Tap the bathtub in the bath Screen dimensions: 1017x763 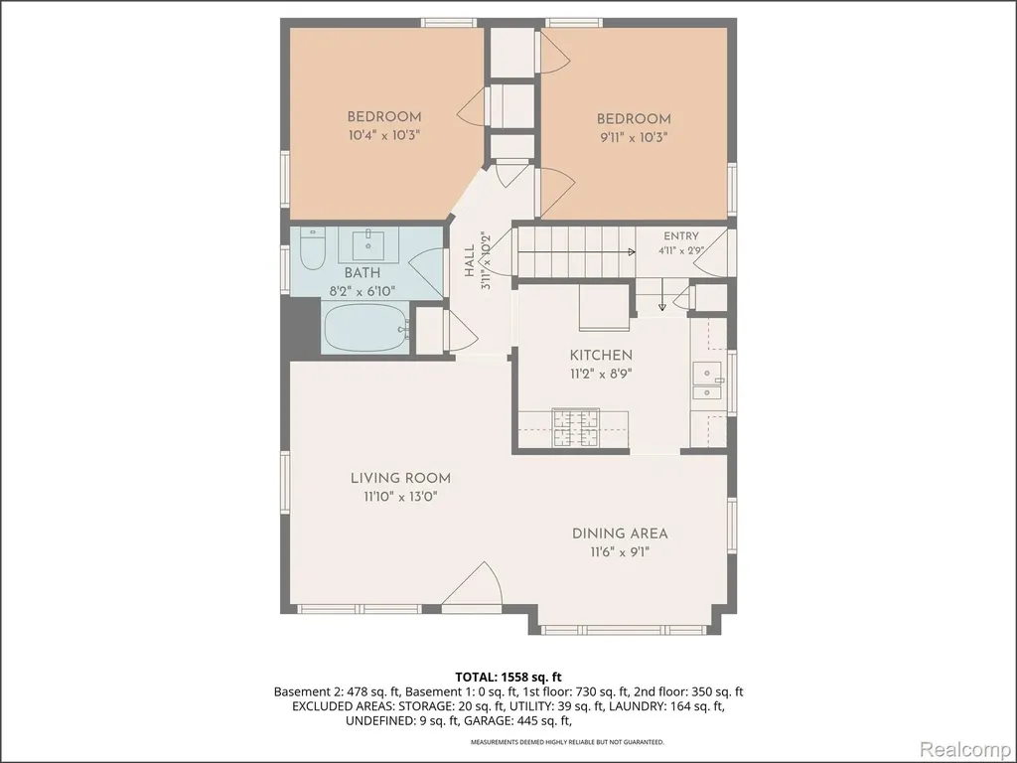[365, 328]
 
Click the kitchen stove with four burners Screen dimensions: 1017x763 [576, 427]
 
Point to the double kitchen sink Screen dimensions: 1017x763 [708, 381]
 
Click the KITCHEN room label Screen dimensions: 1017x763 [601, 355]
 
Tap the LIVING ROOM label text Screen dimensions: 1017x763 [401, 478]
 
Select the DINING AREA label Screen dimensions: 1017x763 [620, 534]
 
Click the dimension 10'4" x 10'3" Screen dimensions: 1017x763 [384, 135]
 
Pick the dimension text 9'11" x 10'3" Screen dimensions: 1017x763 [634, 137]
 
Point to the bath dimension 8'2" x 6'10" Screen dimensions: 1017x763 [362, 291]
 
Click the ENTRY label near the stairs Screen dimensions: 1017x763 [681, 236]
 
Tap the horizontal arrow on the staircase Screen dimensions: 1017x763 [577, 251]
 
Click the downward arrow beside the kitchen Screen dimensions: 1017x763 [661, 294]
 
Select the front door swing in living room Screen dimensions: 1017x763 [473, 584]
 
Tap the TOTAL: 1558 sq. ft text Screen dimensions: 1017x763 [508, 678]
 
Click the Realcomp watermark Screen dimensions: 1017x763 [965, 749]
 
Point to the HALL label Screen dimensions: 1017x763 [470, 261]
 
